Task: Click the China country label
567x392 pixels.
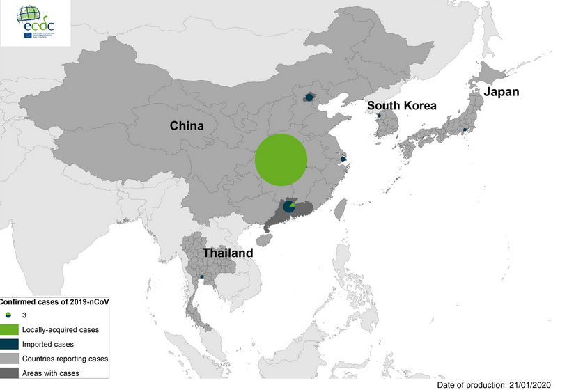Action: (x=187, y=126)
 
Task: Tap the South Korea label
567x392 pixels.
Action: (x=402, y=106)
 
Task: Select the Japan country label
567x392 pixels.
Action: (x=502, y=92)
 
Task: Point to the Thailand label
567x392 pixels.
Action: (x=228, y=253)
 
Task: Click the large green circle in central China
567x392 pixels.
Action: (x=281, y=159)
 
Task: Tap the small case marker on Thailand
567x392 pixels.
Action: (x=202, y=277)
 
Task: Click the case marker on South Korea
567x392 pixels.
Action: (x=379, y=116)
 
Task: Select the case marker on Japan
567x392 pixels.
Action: (x=465, y=130)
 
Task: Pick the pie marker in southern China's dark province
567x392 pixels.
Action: (x=289, y=207)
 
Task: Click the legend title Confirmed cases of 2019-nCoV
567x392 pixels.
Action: (x=54, y=301)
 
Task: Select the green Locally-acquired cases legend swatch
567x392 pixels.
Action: (x=8, y=330)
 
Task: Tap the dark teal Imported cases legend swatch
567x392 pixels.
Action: (x=8, y=344)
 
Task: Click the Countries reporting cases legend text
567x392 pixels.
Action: (x=65, y=359)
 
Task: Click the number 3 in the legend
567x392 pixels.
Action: (x=24, y=316)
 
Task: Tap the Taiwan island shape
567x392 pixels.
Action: (x=341, y=209)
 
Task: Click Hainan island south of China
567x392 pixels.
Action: (x=263, y=239)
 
